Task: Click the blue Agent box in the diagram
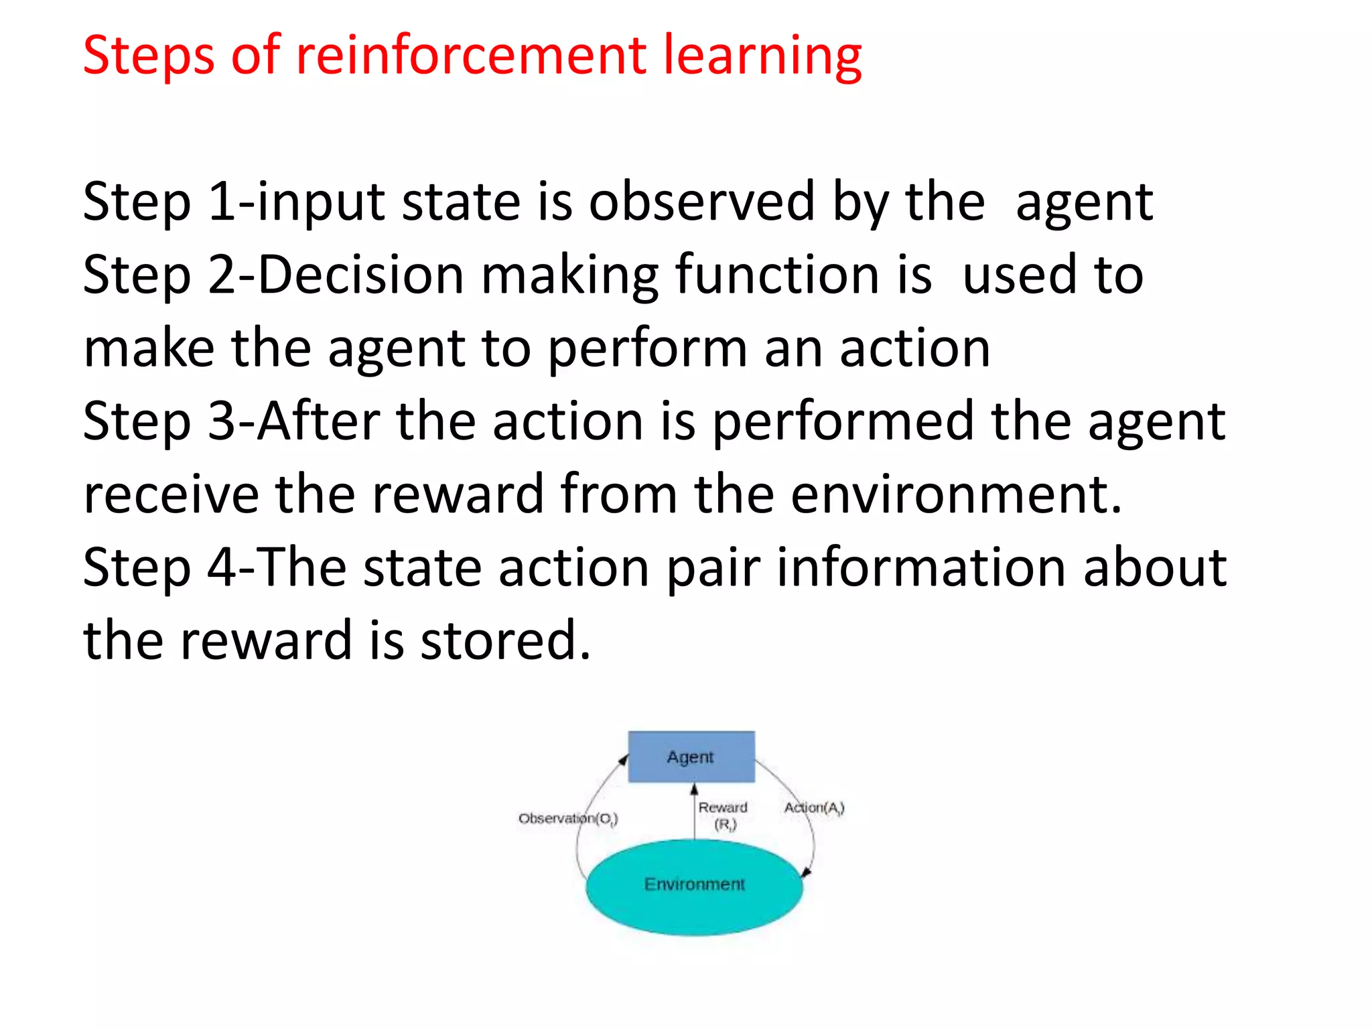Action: [691, 757]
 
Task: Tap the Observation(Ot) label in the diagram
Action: [567, 819]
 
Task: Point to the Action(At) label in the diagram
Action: [814, 808]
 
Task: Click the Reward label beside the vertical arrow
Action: [722, 808]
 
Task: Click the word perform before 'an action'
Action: [647, 350]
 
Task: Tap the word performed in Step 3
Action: [843, 422]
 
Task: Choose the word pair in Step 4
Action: [713, 568]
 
